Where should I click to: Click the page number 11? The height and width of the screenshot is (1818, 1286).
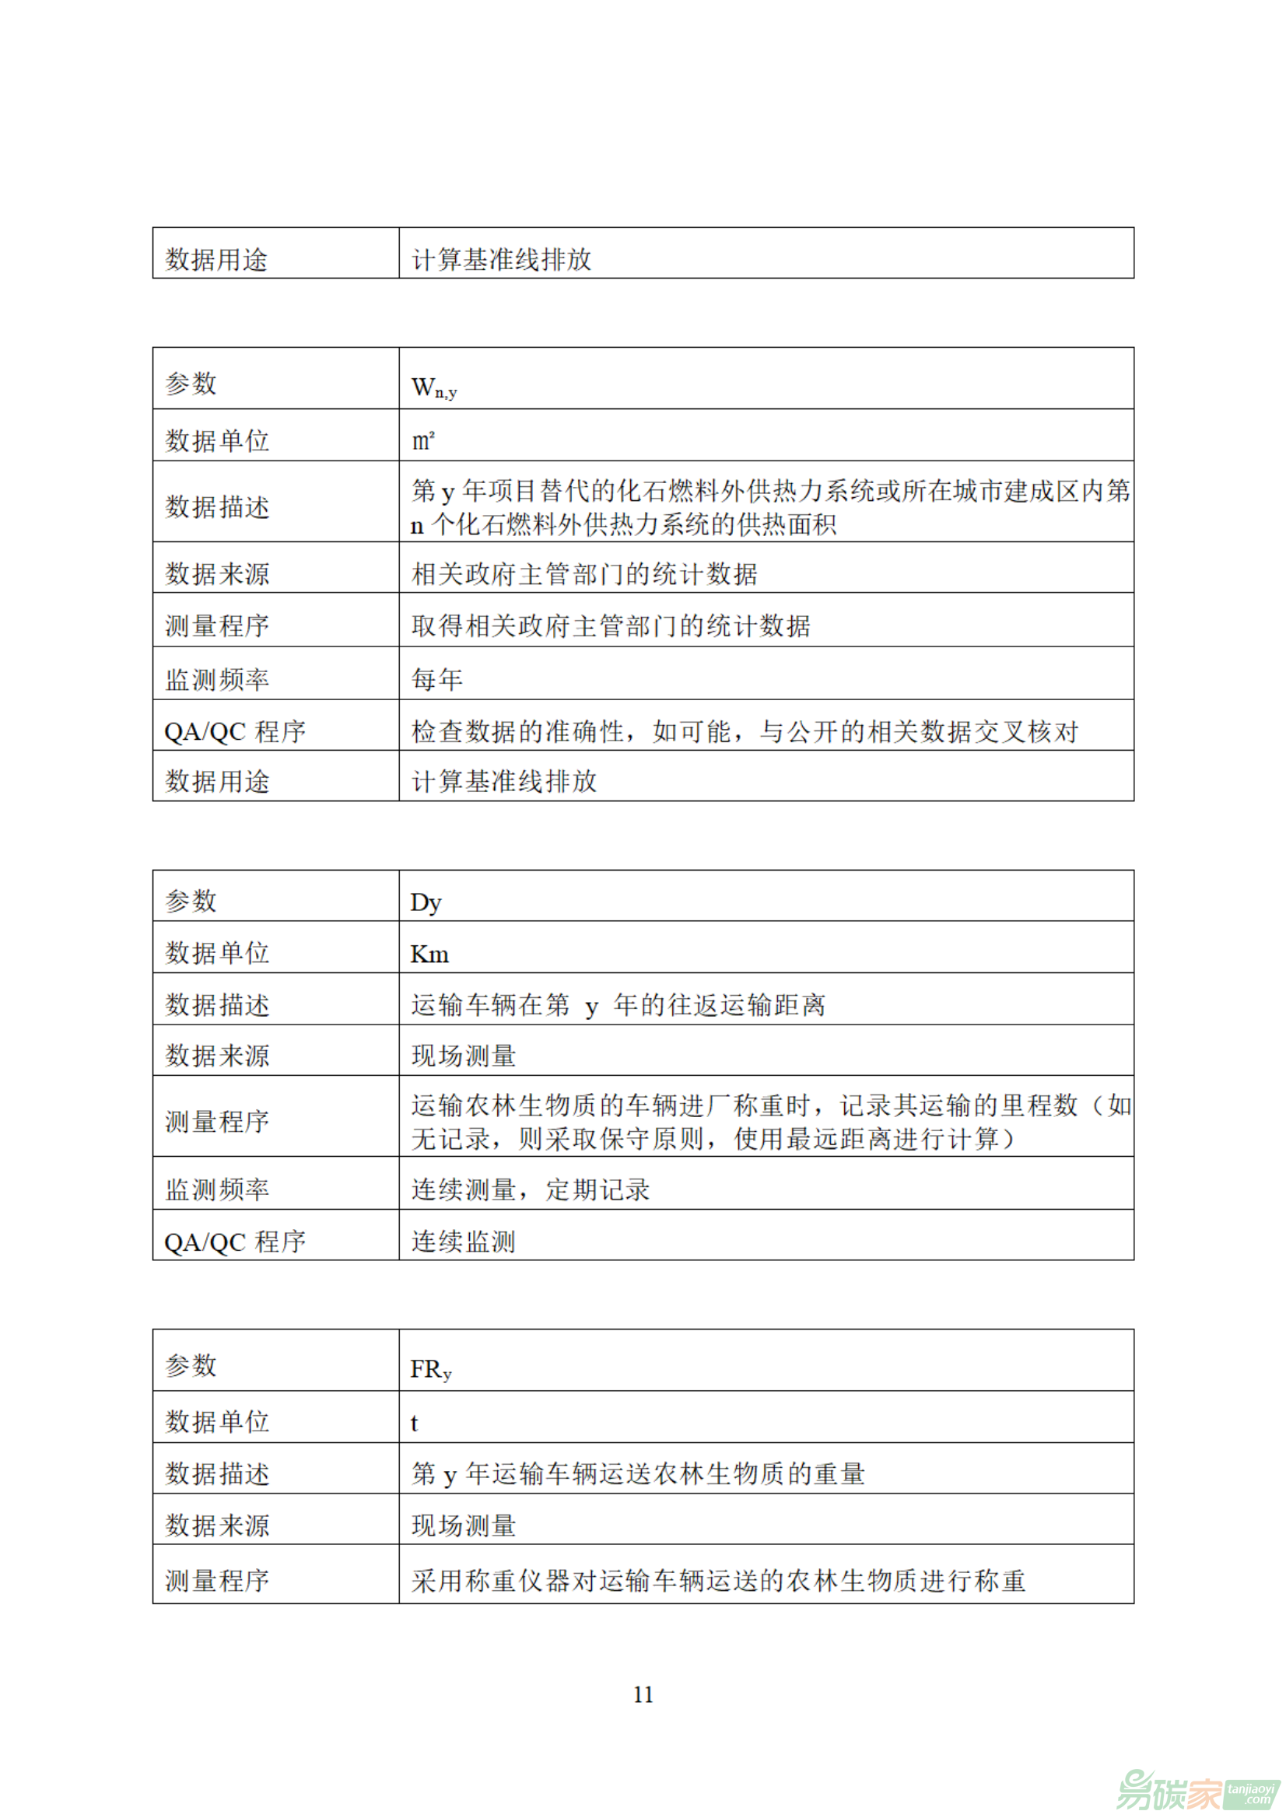tap(643, 1694)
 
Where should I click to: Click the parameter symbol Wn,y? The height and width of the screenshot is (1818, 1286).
tap(433, 387)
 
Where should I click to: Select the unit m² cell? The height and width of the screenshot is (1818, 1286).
tap(423, 440)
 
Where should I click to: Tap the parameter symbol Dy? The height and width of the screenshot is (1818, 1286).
tap(426, 902)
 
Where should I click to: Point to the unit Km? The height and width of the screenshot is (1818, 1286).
tap(429, 955)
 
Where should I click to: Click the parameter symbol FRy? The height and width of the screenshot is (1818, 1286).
tap(430, 1369)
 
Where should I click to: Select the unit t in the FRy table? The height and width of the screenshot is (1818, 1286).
tap(414, 1423)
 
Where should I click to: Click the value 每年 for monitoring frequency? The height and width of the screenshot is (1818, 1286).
tap(436, 678)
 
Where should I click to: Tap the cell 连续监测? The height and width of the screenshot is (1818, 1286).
tap(463, 1241)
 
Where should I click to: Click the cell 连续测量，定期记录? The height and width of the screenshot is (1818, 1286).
tap(530, 1189)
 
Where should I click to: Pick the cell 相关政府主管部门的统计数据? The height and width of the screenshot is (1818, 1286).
tap(583, 573)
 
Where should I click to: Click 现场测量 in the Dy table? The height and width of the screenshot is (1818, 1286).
tap(463, 1056)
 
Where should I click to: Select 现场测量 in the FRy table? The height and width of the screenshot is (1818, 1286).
tap(463, 1525)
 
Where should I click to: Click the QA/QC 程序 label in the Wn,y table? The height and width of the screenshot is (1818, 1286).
tap(234, 731)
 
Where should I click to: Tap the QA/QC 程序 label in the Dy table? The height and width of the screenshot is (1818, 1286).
tap(234, 1242)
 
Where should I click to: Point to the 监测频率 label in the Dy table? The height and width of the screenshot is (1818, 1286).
tap(217, 1189)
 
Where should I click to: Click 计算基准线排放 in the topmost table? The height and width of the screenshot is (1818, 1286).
tap(501, 259)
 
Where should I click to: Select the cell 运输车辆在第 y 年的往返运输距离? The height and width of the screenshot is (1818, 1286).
tap(618, 1005)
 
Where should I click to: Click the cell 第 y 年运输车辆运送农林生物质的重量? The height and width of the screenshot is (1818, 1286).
tap(637, 1473)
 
